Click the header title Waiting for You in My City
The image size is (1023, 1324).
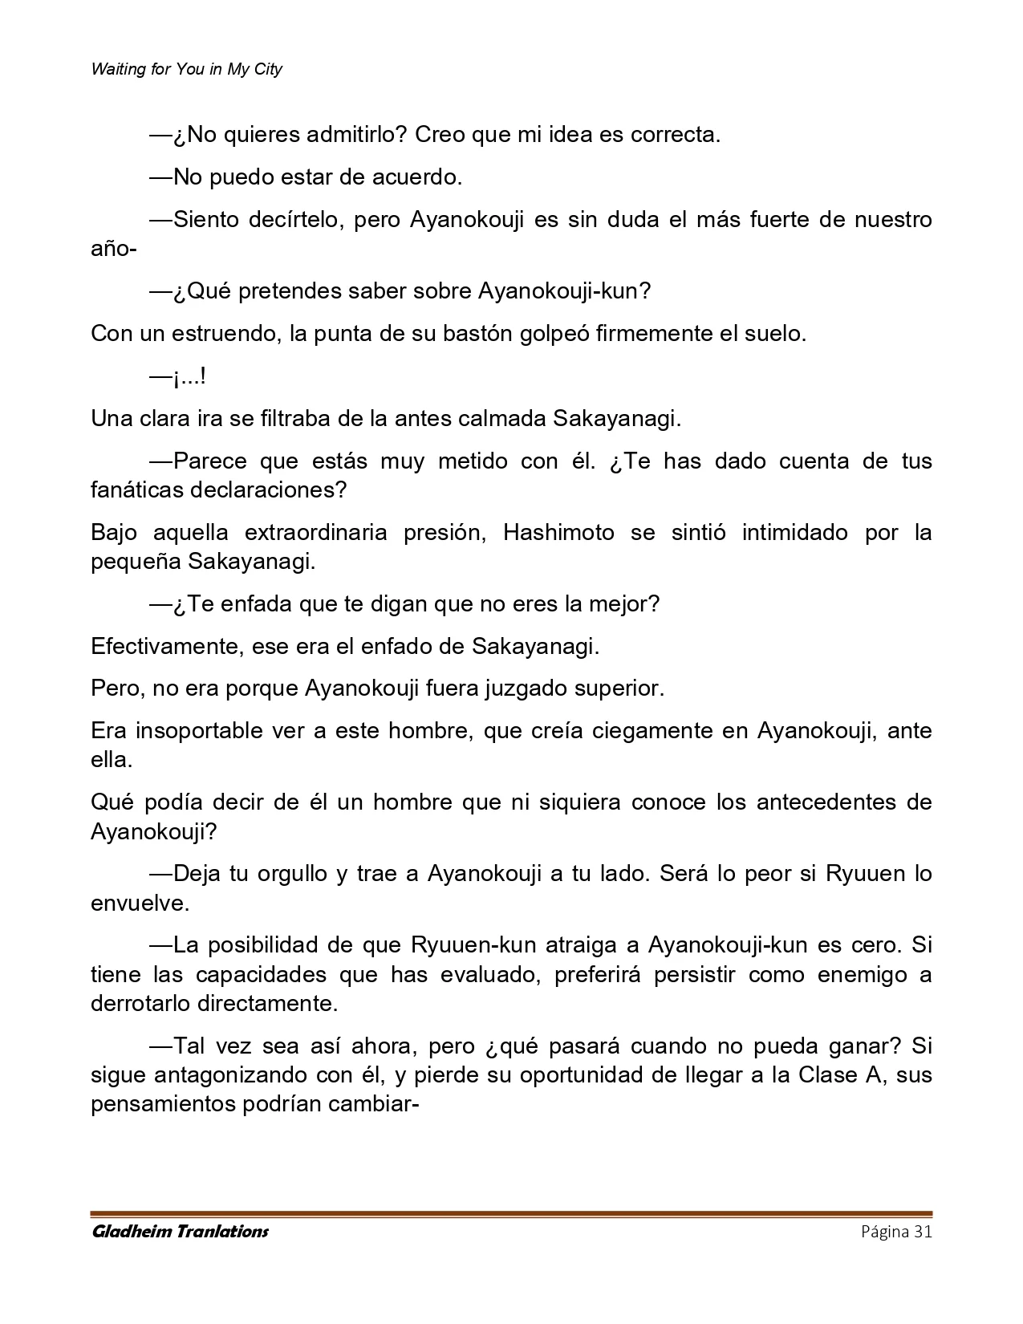pos(186,69)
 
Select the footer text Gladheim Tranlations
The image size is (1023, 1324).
pos(180,1232)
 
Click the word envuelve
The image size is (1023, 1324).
pos(139,903)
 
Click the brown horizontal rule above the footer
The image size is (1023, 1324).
pos(511,1213)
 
